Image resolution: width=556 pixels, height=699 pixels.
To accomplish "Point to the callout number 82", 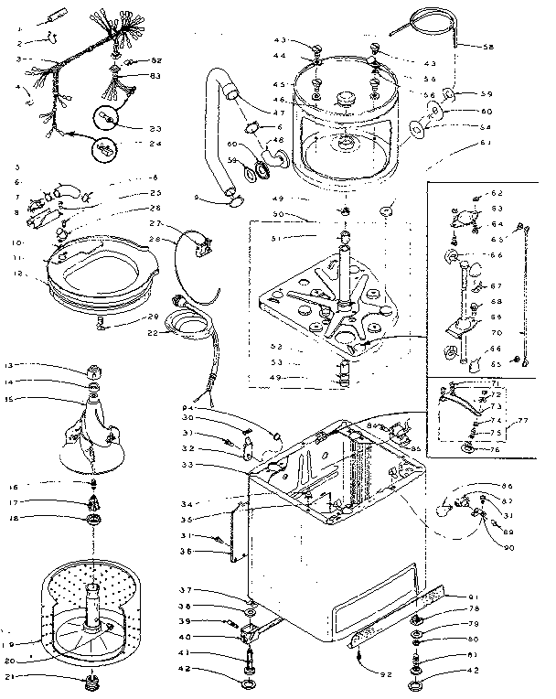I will pos(155,59).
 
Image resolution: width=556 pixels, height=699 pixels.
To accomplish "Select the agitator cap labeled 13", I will pos(93,371).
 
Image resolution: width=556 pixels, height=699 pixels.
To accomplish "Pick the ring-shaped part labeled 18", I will pos(93,520).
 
